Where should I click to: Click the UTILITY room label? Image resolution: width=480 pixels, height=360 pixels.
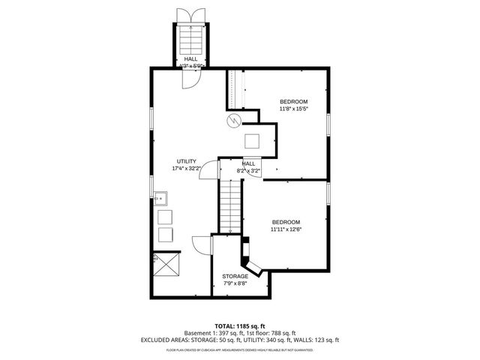point(186,161)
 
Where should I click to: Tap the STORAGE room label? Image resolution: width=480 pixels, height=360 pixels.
point(235,276)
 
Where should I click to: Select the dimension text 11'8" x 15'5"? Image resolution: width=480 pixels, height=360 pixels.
point(294,109)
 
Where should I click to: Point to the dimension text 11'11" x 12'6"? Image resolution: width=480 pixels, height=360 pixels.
point(286,229)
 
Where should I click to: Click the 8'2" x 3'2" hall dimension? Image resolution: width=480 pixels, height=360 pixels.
point(248,171)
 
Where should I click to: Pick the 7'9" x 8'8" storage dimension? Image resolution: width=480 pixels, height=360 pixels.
point(235,283)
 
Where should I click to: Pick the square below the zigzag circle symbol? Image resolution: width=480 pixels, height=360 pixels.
point(253,141)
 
